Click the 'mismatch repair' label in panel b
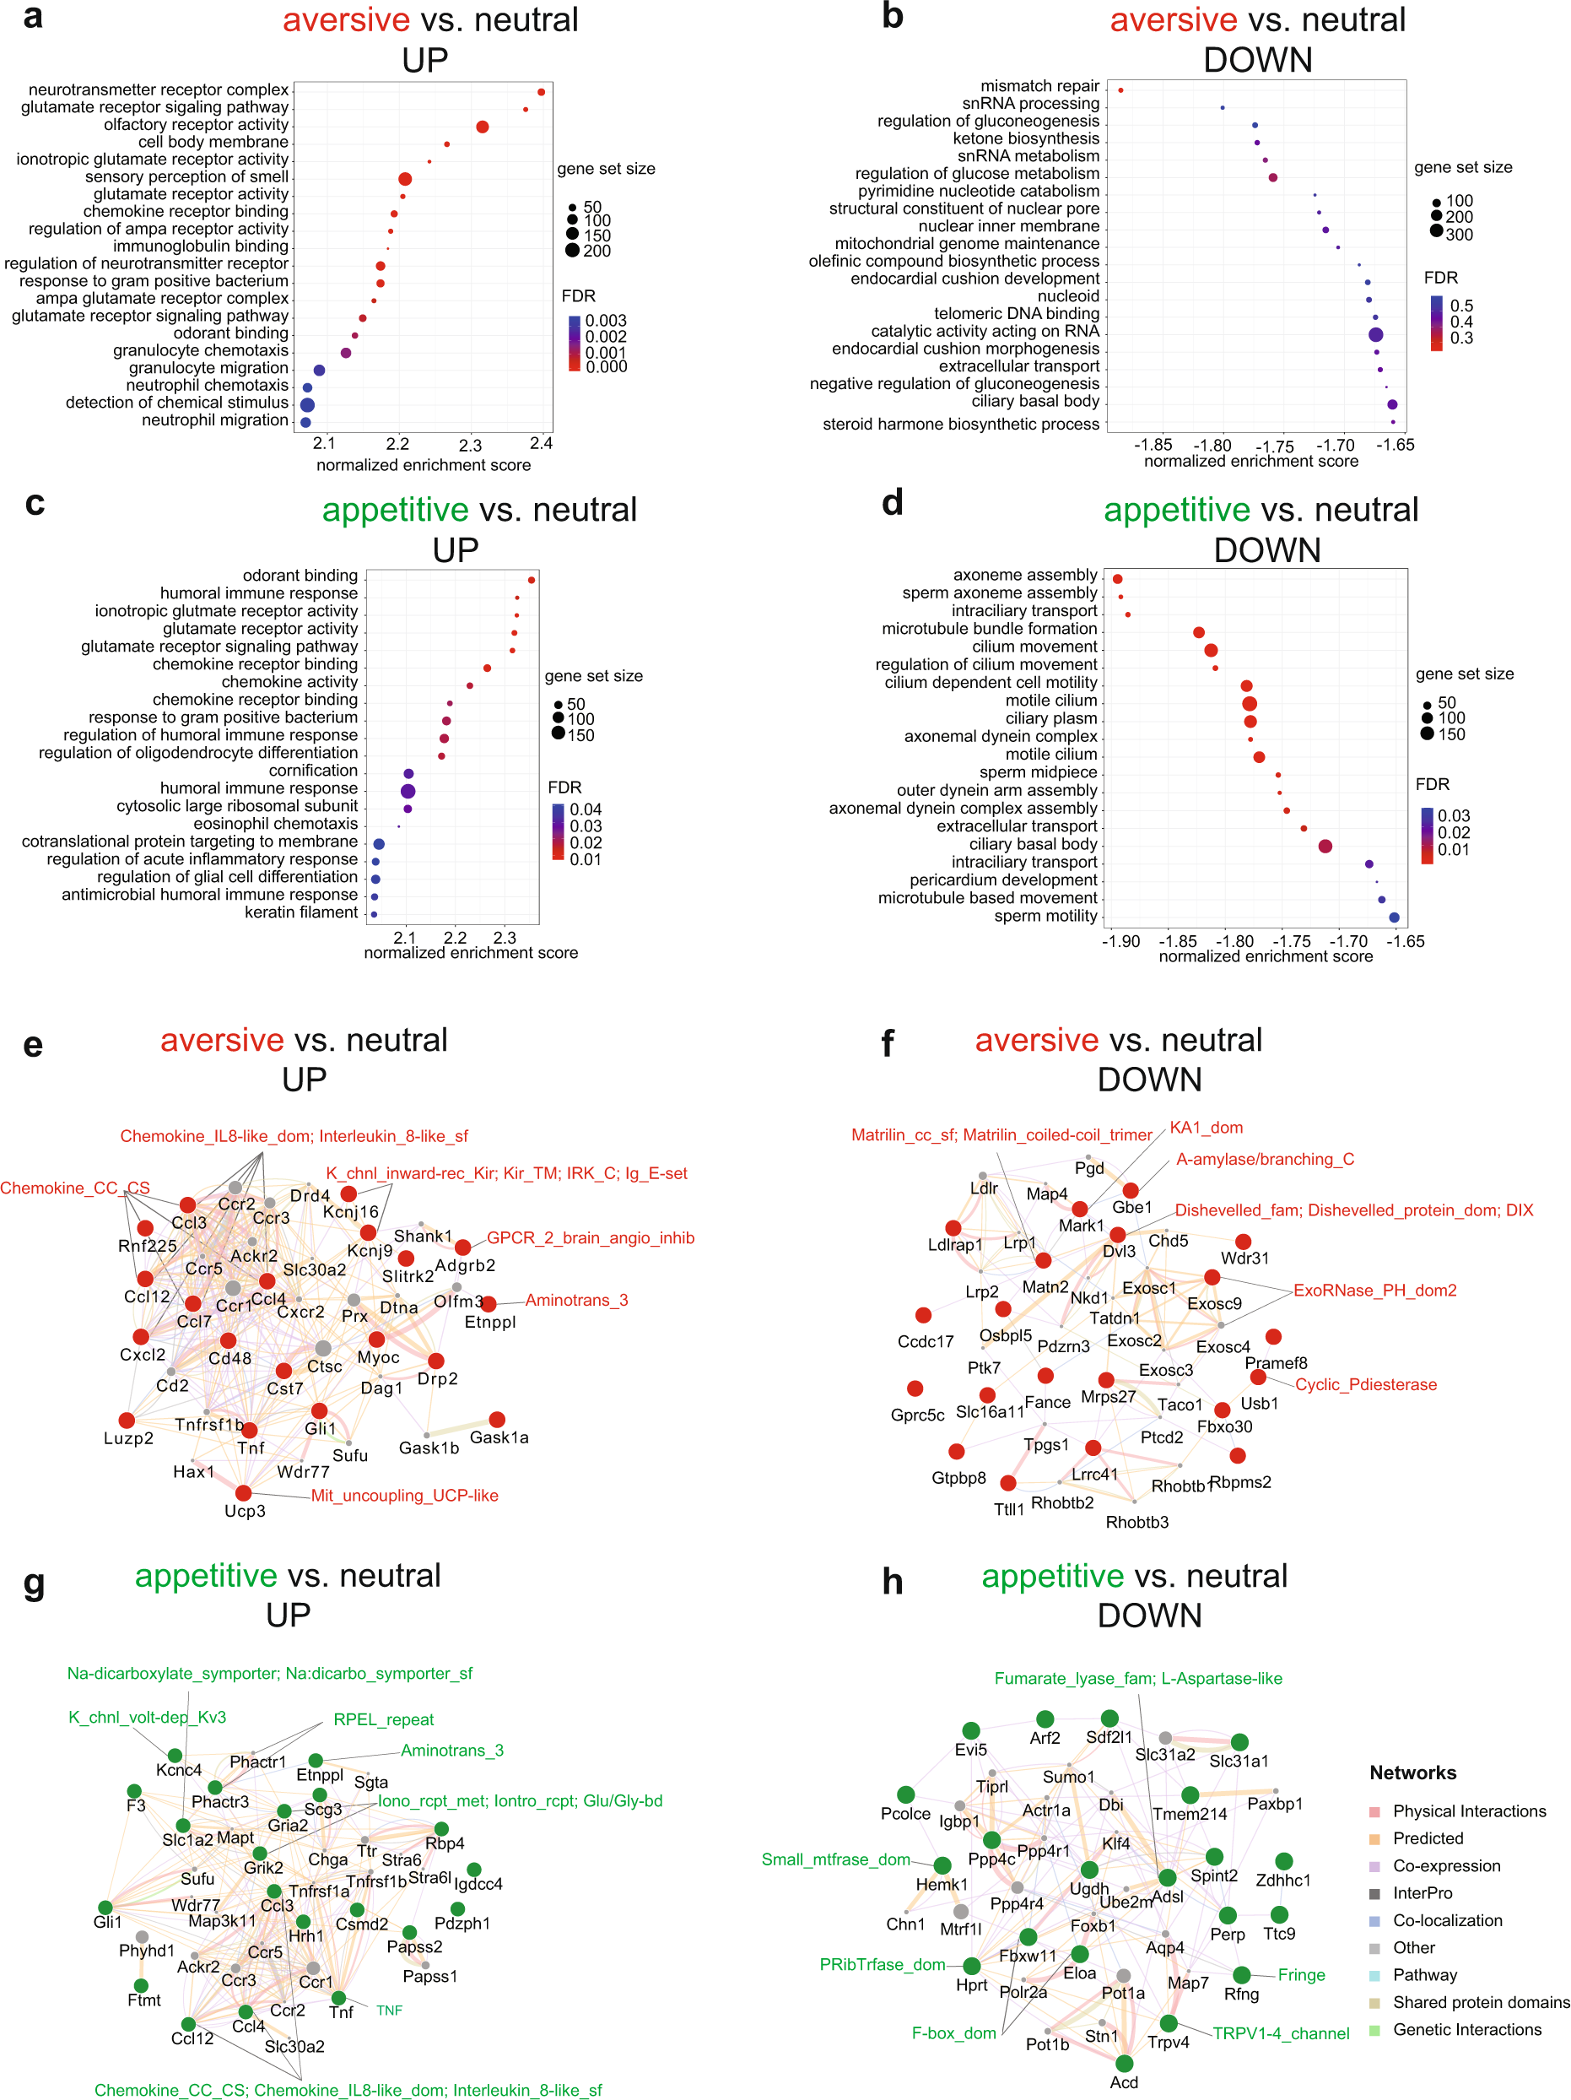pos(1039,86)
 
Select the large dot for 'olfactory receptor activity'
pos(483,127)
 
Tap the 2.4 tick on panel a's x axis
pos(541,443)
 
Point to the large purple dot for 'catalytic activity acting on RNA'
pos(1375,334)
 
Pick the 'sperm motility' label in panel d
pos(1045,916)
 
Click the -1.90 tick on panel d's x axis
pos(1121,942)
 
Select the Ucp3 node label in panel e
pos(245,1511)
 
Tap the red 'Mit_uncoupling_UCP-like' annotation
pos(404,1496)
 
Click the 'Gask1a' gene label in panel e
pos(499,1437)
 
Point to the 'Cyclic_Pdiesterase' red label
pos(1366,1384)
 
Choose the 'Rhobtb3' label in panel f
pos(1137,1522)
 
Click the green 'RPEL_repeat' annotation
pos(384,1719)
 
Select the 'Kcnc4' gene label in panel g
pos(179,1770)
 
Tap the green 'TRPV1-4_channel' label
pos(1281,2032)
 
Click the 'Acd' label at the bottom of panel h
pos(1124,2082)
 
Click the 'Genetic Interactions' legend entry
pos(1466,2029)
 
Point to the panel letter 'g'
pos(35,1583)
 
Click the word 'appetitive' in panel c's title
pos(395,510)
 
